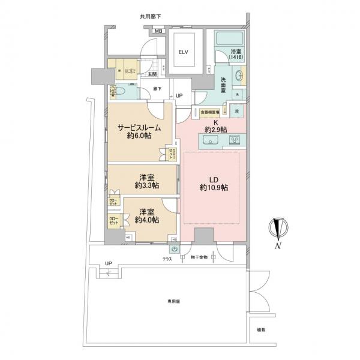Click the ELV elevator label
[x=182, y=52]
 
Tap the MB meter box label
[x=159, y=31]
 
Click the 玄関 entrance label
[x=152, y=74]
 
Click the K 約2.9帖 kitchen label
[x=215, y=126]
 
